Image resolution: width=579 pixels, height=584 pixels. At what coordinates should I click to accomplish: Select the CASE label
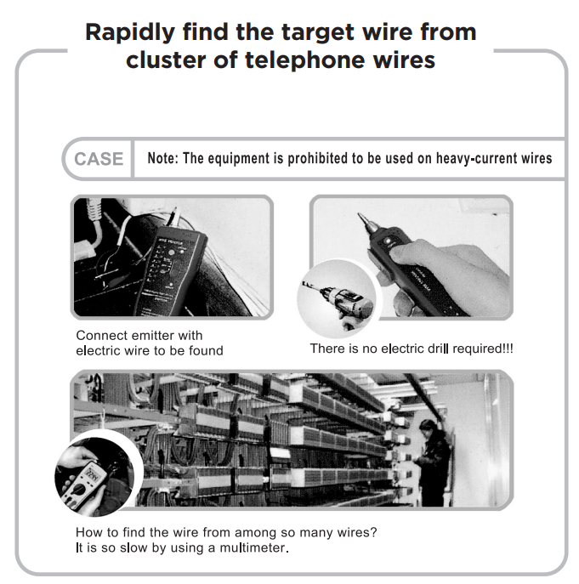99,159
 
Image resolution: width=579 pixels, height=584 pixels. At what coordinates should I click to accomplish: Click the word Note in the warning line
163,159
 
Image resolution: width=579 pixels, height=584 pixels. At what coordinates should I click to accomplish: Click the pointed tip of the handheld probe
361,218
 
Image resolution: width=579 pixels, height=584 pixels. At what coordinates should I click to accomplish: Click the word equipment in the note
237,159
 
